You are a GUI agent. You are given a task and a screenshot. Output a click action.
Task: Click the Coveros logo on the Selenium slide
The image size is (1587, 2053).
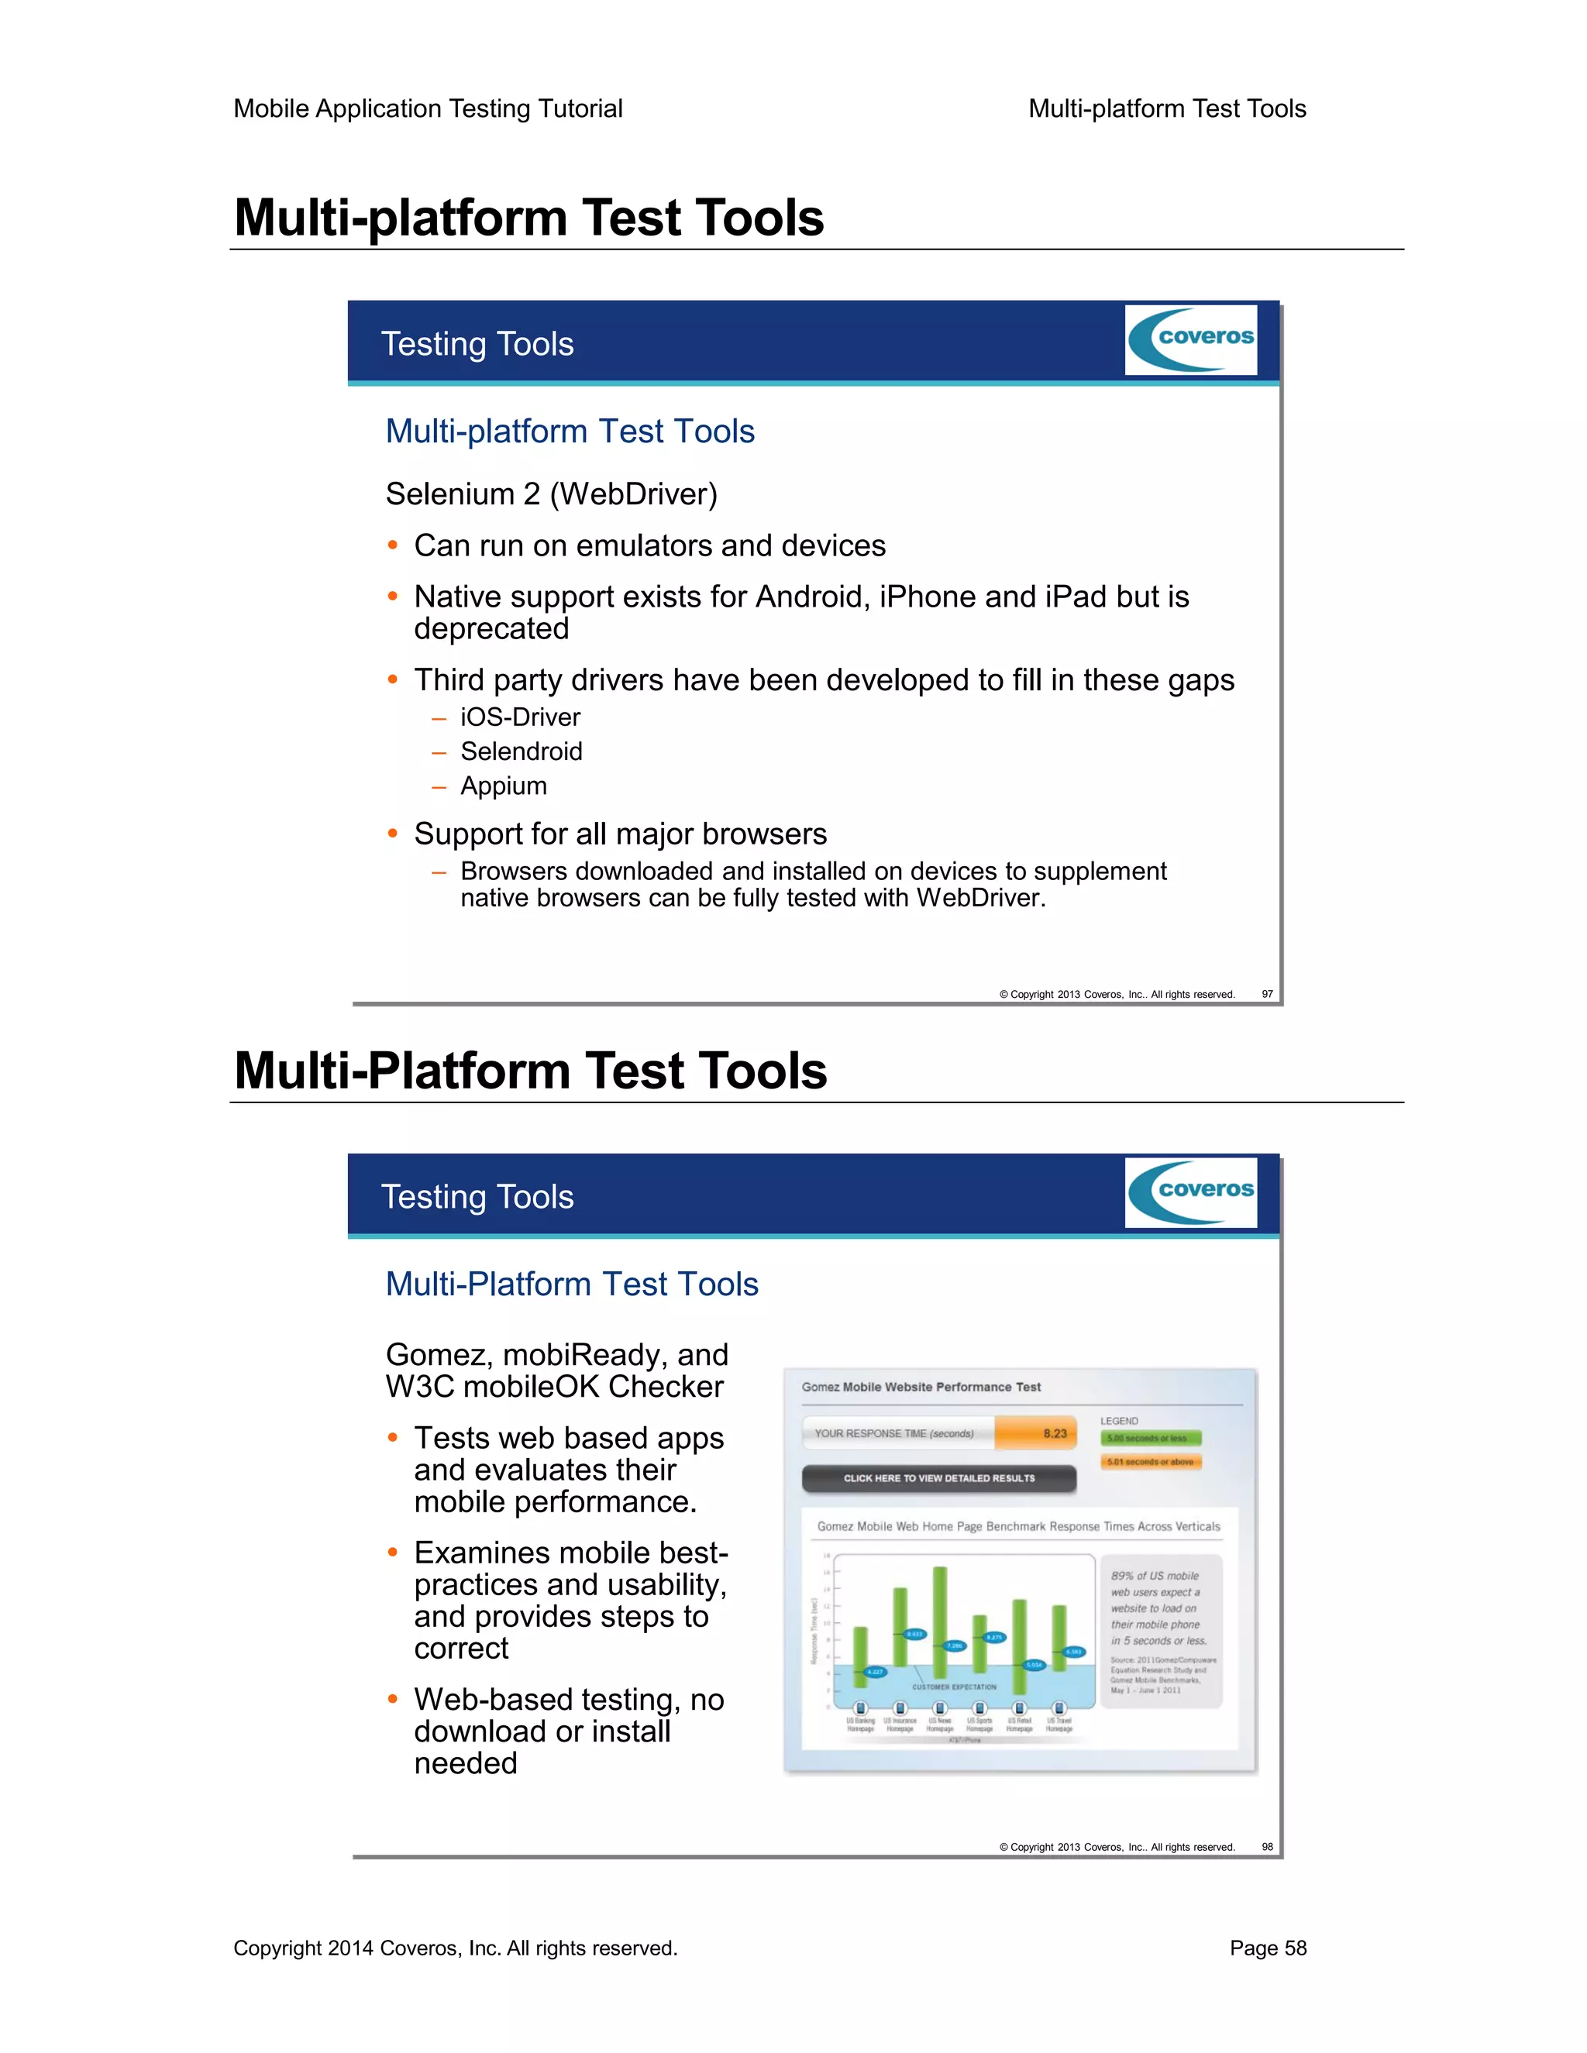coord(1190,339)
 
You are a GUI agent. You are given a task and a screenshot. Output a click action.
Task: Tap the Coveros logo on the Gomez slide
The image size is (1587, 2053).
coord(1190,1192)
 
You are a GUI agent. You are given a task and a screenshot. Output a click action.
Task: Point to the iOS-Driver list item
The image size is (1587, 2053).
coord(520,717)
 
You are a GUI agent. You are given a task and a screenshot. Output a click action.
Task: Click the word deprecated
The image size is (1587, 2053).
coord(492,629)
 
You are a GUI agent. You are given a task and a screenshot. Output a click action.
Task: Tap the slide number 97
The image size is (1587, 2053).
coord(1266,994)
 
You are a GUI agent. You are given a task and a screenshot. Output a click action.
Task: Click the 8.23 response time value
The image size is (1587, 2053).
coord(1055,1433)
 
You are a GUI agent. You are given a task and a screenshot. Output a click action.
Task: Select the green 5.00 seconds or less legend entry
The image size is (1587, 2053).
coord(1150,1438)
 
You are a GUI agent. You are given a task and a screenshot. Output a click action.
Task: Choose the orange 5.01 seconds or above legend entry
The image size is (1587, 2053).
coord(1150,1462)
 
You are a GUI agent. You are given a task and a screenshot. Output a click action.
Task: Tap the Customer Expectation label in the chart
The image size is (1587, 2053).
coord(953,1687)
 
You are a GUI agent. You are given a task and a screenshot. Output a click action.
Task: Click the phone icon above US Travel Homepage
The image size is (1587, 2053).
coord(1059,1708)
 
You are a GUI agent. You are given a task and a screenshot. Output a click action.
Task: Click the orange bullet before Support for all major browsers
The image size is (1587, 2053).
coord(393,834)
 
